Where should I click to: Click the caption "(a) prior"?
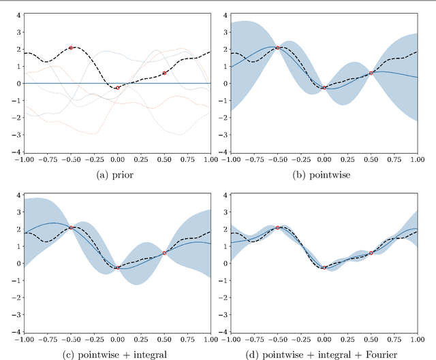pyautogui.click(x=117, y=174)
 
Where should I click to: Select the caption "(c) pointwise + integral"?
pyautogui.click(x=117, y=354)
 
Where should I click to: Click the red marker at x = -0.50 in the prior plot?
pyautogui.click(x=71, y=48)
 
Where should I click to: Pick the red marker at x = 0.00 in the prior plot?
pyautogui.click(x=118, y=88)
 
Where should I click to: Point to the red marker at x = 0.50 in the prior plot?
pyautogui.click(x=164, y=73)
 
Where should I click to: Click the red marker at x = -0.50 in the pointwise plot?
pyautogui.click(x=277, y=48)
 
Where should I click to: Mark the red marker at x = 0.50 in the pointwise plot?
pyautogui.click(x=371, y=73)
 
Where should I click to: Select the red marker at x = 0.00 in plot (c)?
pyautogui.click(x=118, y=267)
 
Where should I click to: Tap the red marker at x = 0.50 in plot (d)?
pyautogui.click(x=371, y=252)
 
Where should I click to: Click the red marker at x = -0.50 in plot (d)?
pyautogui.click(x=277, y=227)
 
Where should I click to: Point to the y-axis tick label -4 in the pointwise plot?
pyautogui.click(x=222, y=152)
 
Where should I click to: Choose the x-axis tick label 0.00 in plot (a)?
pyautogui.click(x=118, y=161)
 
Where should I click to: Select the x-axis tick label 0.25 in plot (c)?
pyautogui.click(x=141, y=340)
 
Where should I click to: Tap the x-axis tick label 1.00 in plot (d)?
pyautogui.click(x=417, y=340)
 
